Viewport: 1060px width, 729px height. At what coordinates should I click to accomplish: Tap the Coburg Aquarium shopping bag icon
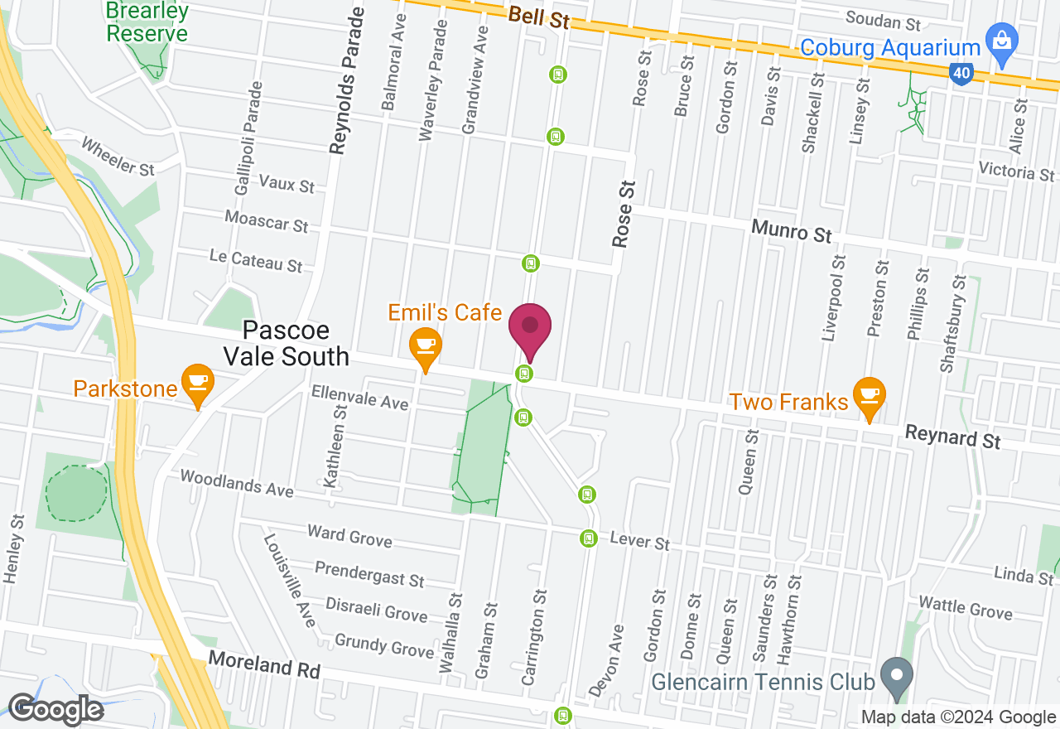click(1002, 43)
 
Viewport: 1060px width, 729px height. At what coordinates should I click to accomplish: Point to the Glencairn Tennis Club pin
click(896, 676)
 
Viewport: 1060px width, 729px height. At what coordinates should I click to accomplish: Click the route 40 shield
click(961, 74)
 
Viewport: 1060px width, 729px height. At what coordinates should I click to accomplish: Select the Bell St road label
click(539, 17)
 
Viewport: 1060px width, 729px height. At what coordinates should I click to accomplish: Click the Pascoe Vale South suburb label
click(296, 344)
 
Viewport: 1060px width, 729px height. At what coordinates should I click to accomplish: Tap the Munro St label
click(791, 230)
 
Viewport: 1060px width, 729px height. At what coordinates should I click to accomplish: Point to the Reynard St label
click(952, 436)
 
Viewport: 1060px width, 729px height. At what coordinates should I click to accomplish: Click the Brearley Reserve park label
click(147, 22)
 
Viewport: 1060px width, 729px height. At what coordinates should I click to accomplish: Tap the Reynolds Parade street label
click(345, 81)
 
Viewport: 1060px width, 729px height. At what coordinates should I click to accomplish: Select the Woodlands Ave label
click(236, 483)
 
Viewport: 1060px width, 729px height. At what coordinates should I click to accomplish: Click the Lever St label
click(639, 543)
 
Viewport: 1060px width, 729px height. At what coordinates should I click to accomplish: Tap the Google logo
click(55, 709)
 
